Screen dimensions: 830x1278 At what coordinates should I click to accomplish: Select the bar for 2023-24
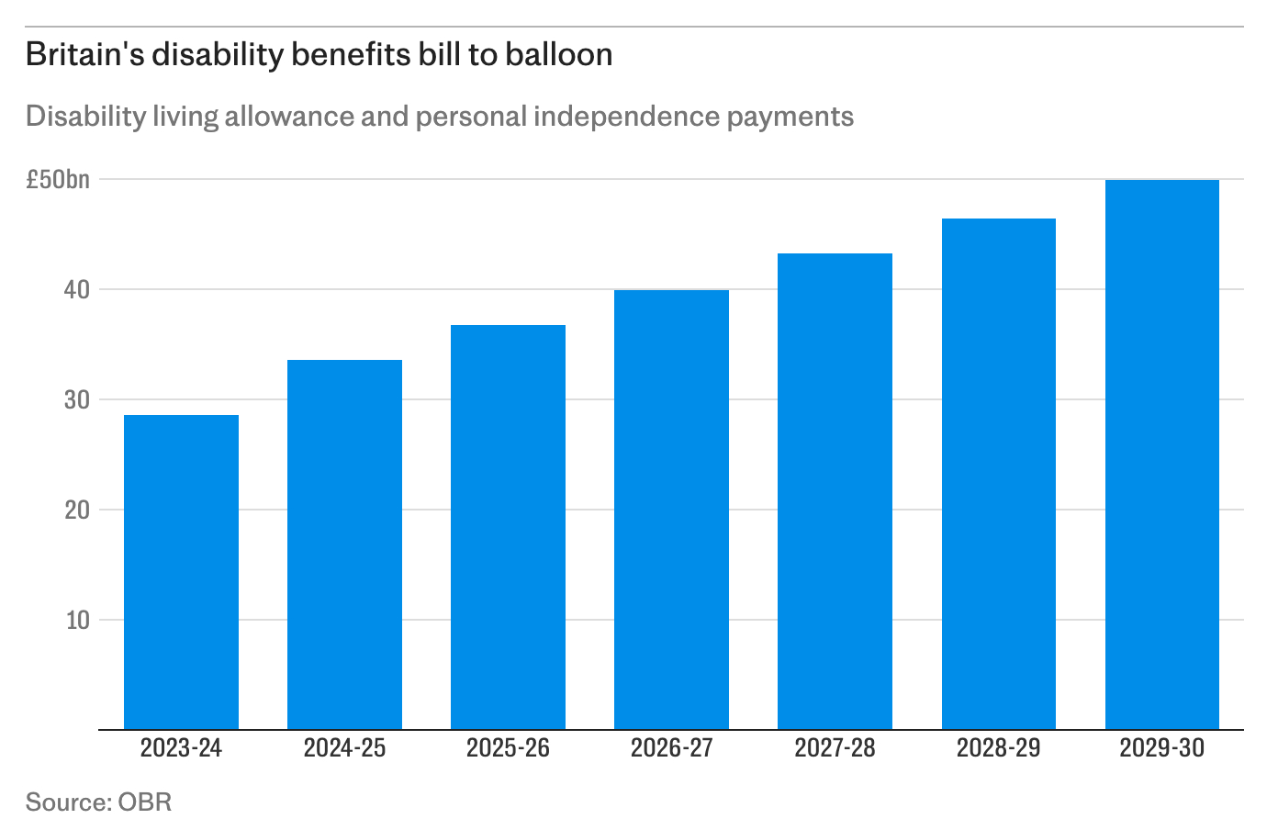[x=181, y=572]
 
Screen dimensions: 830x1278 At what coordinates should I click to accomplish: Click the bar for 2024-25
[x=344, y=544]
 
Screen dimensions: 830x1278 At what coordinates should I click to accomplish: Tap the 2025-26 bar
[x=508, y=527]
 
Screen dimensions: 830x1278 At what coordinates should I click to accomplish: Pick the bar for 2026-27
[x=671, y=510]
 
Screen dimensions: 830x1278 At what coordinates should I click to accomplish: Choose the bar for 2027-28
[x=835, y=491]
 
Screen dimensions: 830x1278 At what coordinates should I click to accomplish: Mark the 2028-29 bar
[x=998, y=474]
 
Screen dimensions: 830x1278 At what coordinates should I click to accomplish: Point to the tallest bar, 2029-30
[x=1161, y=454]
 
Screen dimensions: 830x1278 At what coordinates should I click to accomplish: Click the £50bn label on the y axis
[x=58, y=180]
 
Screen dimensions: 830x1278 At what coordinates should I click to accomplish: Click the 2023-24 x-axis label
[x=181, y=748]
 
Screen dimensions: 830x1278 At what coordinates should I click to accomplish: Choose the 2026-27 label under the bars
[x=671, y=748]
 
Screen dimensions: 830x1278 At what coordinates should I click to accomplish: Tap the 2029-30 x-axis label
[x=1161, y=748]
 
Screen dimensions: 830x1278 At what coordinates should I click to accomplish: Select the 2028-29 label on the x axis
[x=998, y=748]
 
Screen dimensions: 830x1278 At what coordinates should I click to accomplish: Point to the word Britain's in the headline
[x=84, y=55]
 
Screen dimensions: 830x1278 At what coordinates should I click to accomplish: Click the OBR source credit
[x=144, y=802]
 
